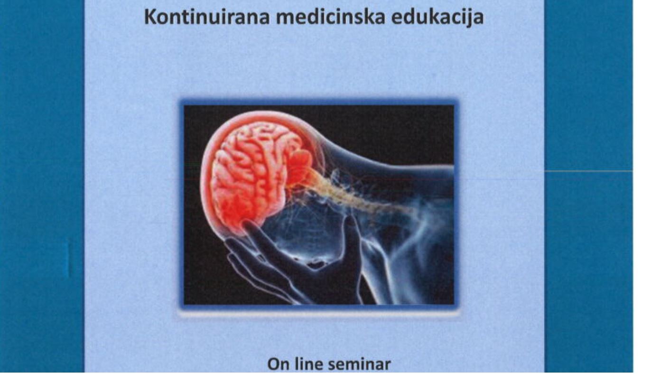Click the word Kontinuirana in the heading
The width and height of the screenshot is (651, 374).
coord(207,18)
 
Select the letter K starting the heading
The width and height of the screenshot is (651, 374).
coord(150,18)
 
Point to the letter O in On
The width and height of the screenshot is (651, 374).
coord(274,365)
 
